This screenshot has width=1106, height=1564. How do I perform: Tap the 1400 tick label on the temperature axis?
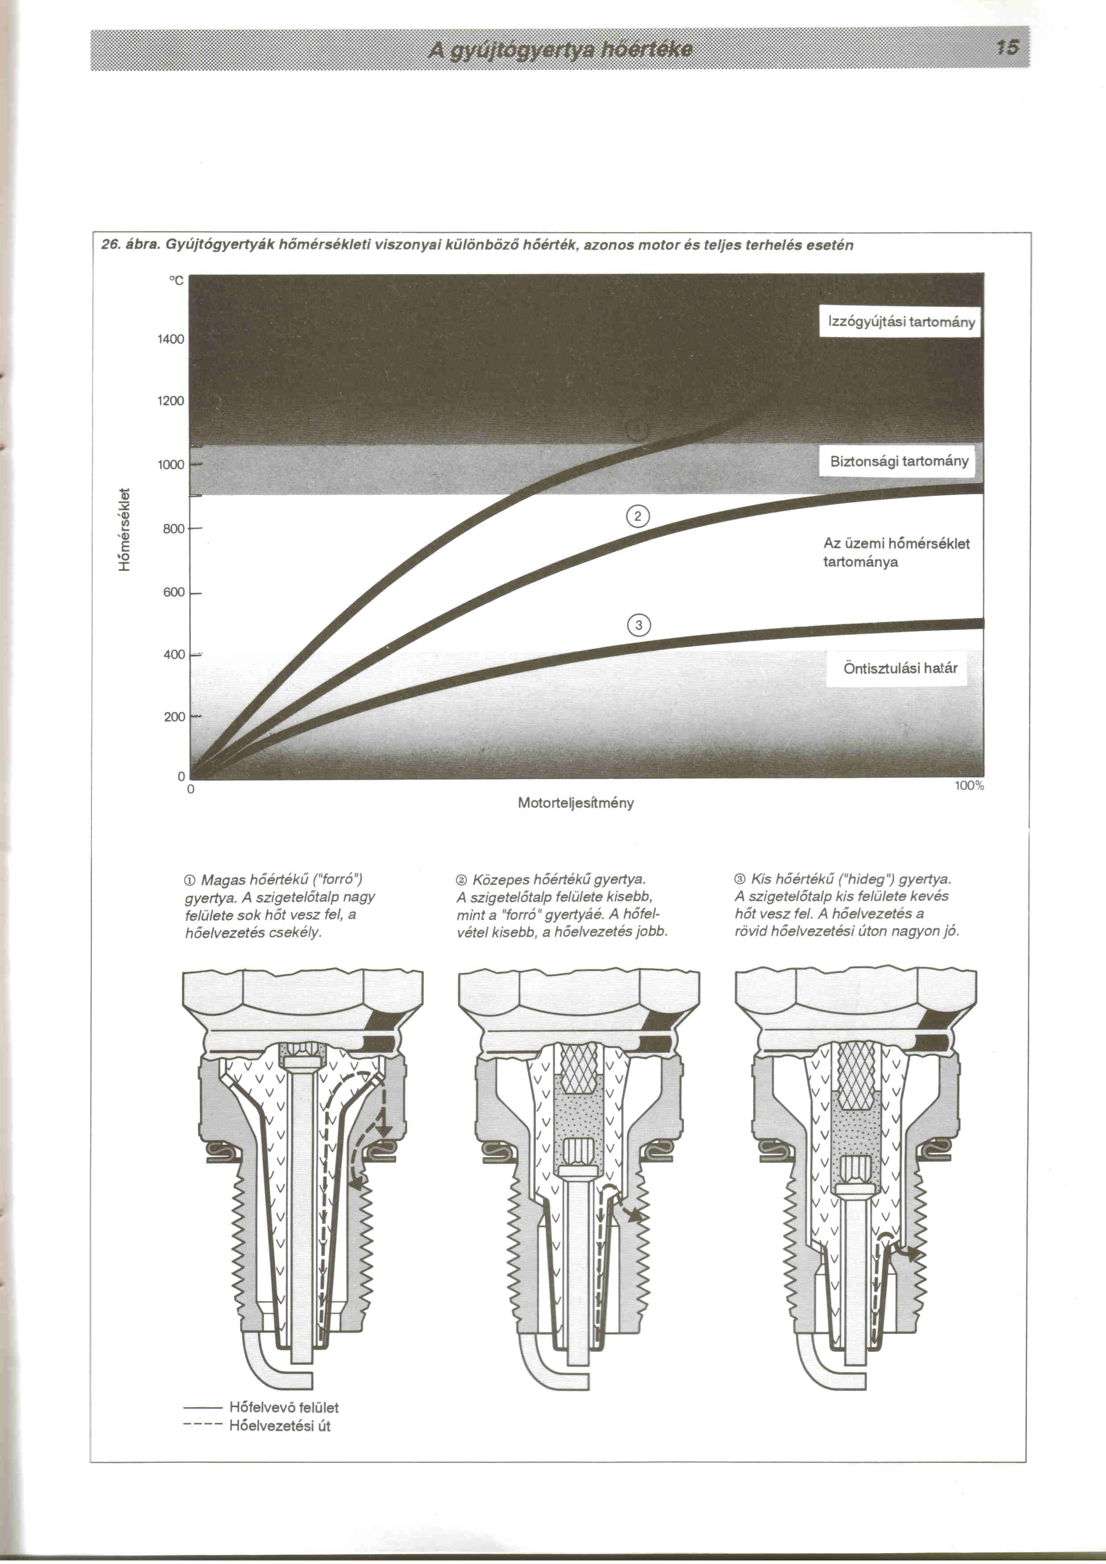[x=171, y=339]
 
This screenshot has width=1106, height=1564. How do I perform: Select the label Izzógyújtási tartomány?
[x=901, y=322]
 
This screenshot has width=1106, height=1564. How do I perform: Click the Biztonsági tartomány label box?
[x=899, y=461]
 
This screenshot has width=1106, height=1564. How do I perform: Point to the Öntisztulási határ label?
[x=900, y=668]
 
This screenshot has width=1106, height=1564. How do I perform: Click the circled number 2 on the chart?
[x=637, y=517]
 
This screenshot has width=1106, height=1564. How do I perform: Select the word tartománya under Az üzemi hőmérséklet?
[x=860, y=562]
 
